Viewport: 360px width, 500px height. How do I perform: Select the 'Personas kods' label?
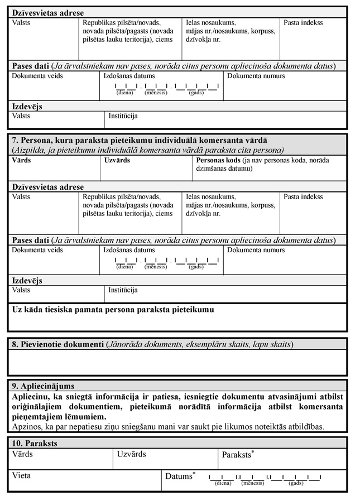pos(219,160)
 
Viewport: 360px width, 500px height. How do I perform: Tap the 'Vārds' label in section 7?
pos(21,160)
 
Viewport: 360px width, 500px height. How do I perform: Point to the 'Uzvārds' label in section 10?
pos(132,454)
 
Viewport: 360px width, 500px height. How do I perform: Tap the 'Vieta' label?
pos(21,476)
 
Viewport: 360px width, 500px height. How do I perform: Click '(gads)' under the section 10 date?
pos(296,483)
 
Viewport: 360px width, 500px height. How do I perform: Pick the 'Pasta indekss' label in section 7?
pos(303,197)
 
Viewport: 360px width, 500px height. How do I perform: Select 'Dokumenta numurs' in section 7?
pos(256,250)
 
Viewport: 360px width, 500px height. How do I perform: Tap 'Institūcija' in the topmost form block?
pos(123,116)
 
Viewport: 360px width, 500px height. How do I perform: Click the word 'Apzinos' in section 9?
pos(25,427)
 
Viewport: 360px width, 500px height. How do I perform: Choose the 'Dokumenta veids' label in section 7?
pos(37,250)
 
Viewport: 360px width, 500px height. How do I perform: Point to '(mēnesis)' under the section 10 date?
pos(252,483)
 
